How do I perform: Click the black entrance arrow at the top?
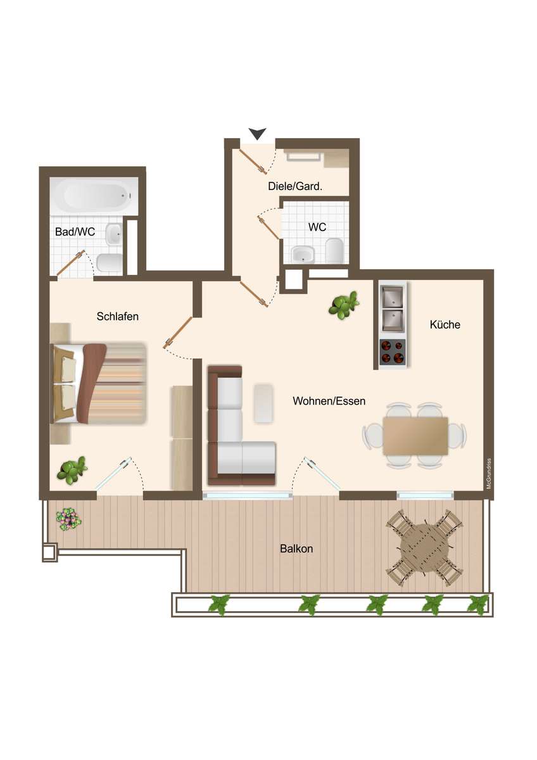point(258,134)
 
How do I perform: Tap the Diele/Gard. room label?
point(295,186)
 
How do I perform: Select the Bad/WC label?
point(75,232)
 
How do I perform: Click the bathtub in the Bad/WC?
point(94,196)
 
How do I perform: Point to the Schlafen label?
point(117,316)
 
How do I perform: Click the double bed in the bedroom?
point(99,384)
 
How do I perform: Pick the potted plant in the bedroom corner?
point(71,470)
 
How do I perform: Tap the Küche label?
point(445,324)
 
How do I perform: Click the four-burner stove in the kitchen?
point(393,353)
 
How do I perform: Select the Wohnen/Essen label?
point(329,401)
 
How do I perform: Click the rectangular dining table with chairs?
point(415,436)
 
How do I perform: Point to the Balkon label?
point(296,548)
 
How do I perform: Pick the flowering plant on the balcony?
point(69,519)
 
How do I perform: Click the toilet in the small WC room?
point(334,251)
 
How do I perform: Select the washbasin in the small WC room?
point(303,255)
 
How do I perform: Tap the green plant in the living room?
point(344,305)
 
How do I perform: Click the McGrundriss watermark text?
point(489,474)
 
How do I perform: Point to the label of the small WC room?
point(317,227)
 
